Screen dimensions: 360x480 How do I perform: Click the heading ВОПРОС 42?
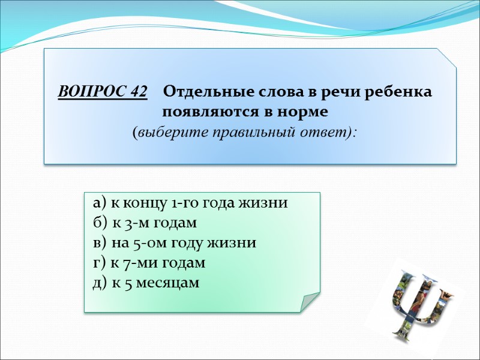(103, 92)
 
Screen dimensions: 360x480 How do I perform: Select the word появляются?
(207, 112)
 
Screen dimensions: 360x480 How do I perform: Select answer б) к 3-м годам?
(145, 223)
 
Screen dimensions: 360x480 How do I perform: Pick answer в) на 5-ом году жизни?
(175, 243)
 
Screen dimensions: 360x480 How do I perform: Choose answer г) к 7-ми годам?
(149, 263)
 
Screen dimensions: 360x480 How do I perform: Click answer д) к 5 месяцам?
(146, 283)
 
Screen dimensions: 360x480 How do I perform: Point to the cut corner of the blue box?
(447, 58)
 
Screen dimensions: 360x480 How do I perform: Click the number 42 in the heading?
(137, 92)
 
